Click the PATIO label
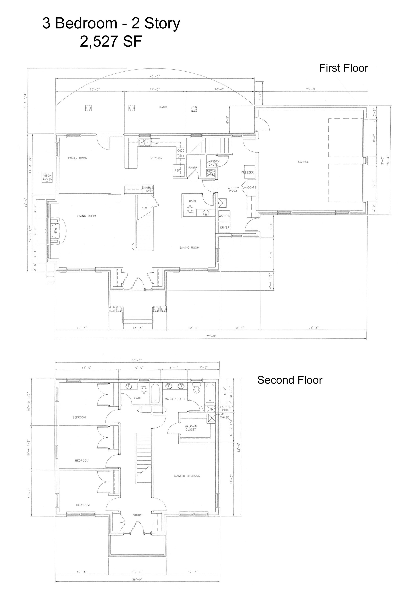[x=163, y=107]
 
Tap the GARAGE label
[x=303, y=162]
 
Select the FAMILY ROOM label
[x=77, y=158]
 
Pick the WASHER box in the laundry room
[x=224, y=216]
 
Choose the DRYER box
[x=225, y=228]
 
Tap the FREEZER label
[x=248, y=173]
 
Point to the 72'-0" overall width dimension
[x=211, y=336]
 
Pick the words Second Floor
[x=290, y=380]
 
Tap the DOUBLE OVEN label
[x=148, y=189]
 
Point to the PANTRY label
[x=194, y=168]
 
